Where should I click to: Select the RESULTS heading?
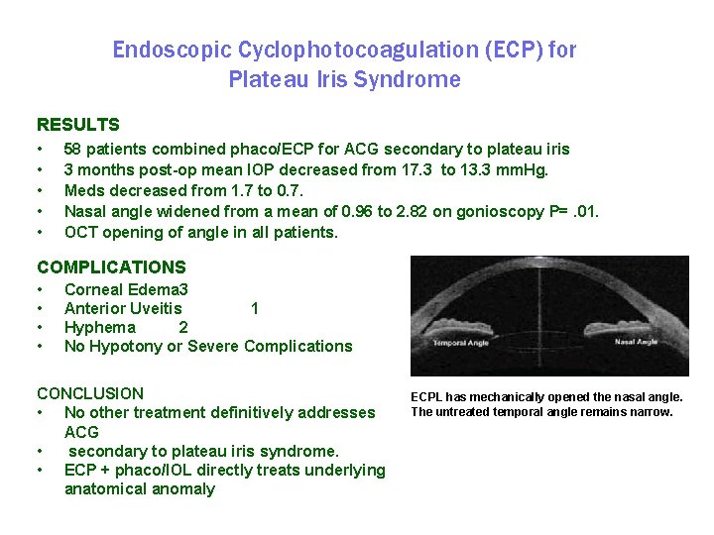pyautogui.click(x=77, y=125)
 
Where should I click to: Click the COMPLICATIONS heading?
pyautogui.click(x=111, y=267)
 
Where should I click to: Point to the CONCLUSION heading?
pyautogui.click(x=89, y=393)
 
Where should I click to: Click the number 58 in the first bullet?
pyautogui.click(x=73, y=150)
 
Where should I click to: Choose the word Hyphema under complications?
pyautogui.click(x=100, y=328)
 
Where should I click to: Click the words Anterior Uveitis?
pyautogui.click(x=123, y=309)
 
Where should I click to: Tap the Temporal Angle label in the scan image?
pyautogui.click(x=461, y=344)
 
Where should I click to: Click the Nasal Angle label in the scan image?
pyautogui.click(x=636, y=343)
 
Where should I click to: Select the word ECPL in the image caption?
pyautogui.click(x=428, y=397)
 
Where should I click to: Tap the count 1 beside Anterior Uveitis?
pyautogui.click(x=255, y=309)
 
